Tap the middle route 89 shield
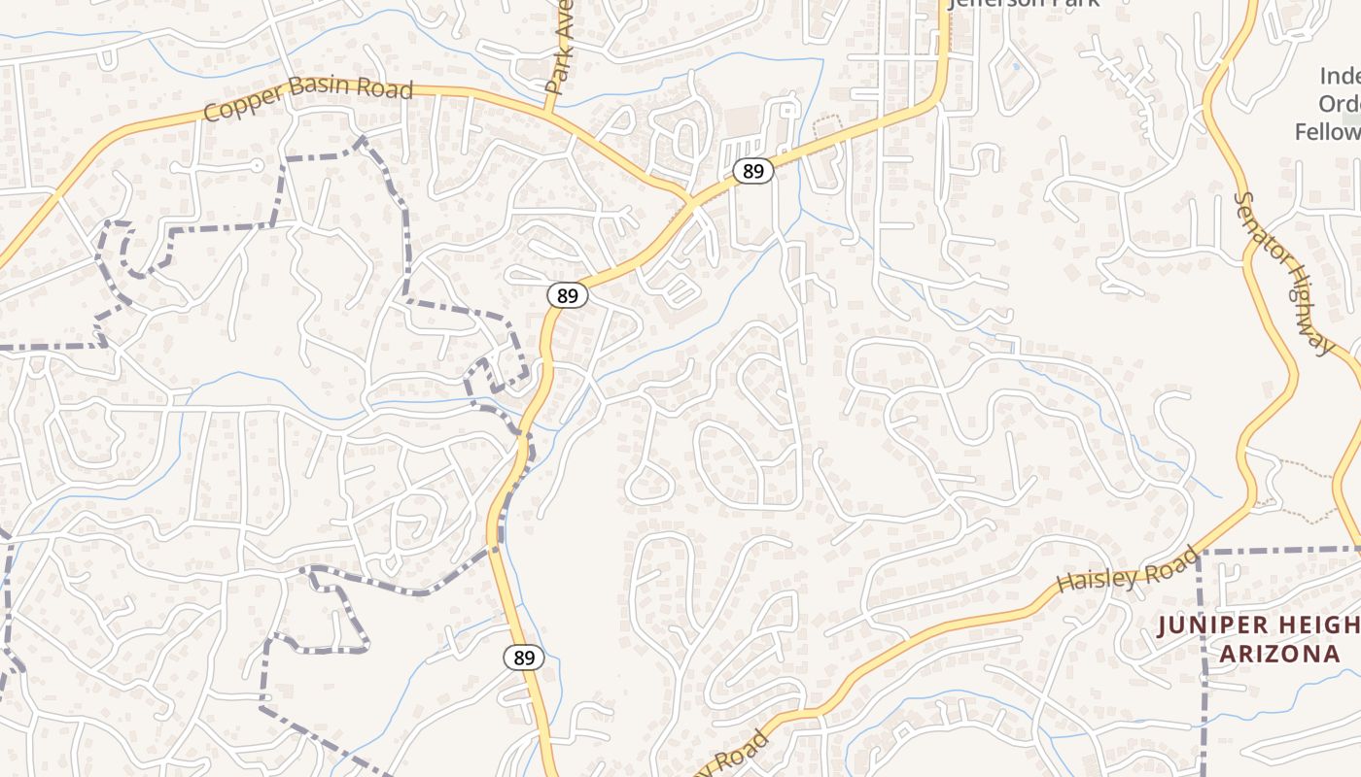pyautogui.click(x=567, y=295)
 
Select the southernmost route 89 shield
pyautogui.click(x=524, y=658)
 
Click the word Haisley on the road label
pyautogui.click(x=1095, y=582)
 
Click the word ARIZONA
pyautogui.click(x=1279, y=654)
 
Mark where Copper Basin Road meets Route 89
pyautogui.click(x=692, y=202)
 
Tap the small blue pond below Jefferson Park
pyautogui.click(x=1016, y=66)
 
